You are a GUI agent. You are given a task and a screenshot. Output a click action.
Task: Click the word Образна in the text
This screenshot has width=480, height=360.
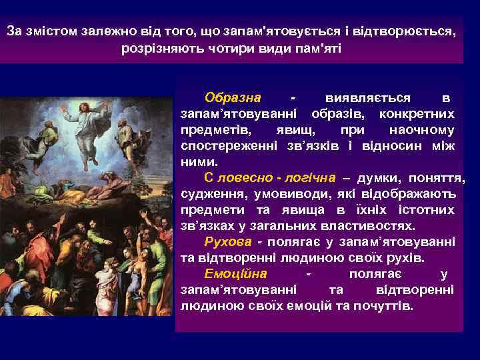(233, 98)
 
